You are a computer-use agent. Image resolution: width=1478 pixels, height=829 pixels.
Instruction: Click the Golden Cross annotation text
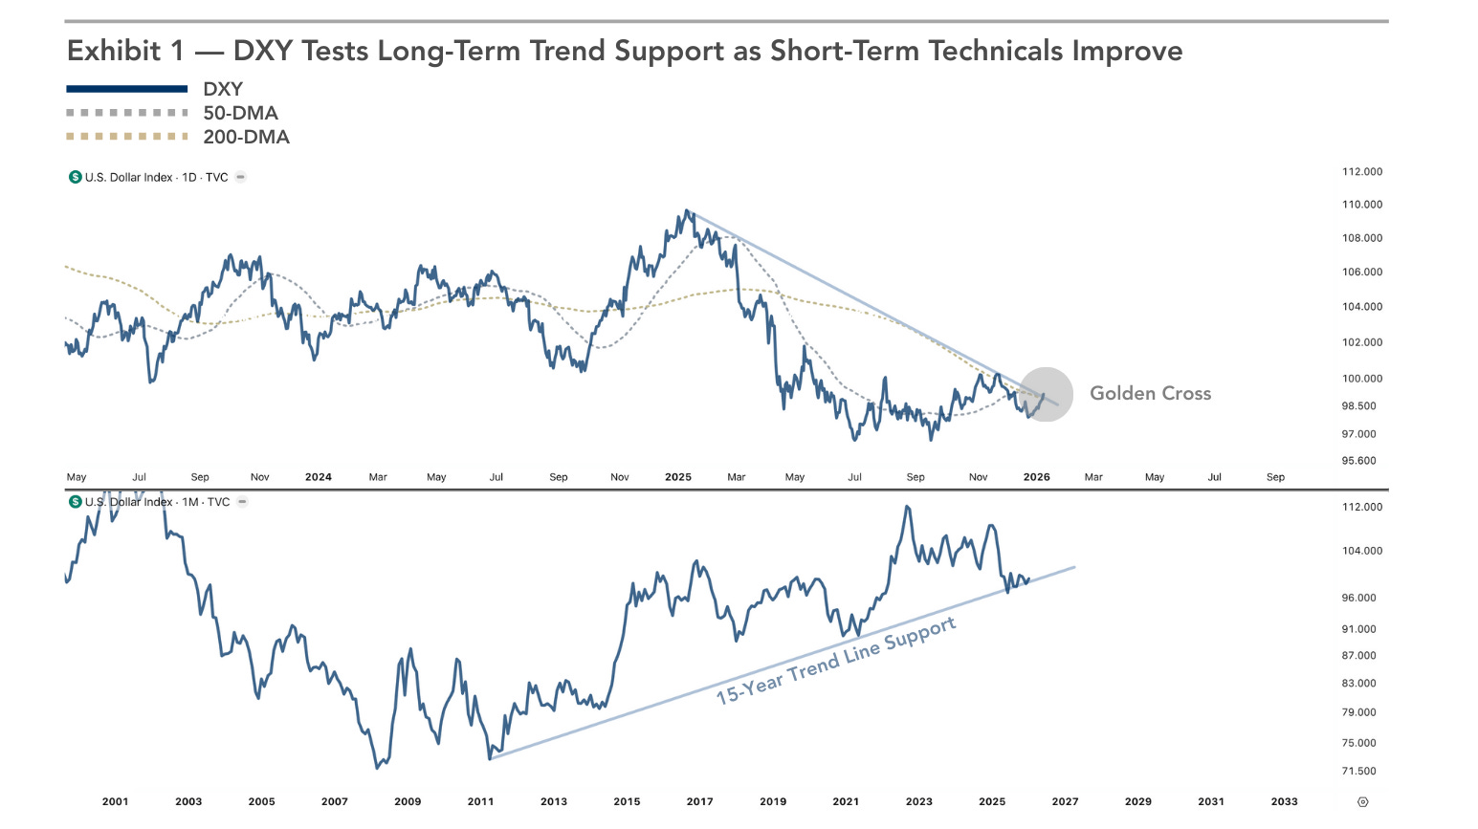[x=1150, y=393]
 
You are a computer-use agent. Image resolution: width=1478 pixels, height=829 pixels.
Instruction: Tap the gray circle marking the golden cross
[x=1047, y=394]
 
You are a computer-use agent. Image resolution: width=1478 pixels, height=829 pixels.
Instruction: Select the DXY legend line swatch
[x=126, y=89]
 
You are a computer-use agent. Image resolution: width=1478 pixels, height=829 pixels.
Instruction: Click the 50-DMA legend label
[x=240, y=113]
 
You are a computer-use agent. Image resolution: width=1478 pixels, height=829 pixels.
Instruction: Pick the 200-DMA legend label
[x=246, y=137]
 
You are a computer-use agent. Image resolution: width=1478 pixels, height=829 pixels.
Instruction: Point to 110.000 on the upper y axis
[x=1361, y=205]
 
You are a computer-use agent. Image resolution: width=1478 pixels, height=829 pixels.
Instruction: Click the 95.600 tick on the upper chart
[x=1358, y=461]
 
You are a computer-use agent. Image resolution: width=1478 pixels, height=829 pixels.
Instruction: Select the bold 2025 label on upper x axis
[x=677, y=477]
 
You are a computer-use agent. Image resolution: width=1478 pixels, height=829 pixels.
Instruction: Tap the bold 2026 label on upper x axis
[x=1036, y=477]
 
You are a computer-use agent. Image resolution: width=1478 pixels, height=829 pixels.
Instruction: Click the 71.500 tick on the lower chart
[x=1358, y=772]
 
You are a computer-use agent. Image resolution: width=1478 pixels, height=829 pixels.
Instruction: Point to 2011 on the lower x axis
[x=480, y=801]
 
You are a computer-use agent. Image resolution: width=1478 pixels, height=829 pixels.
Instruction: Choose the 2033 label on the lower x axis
[x=1284, y=801]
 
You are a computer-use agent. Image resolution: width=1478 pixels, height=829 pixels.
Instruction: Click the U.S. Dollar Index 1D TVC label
[x=156, y=177]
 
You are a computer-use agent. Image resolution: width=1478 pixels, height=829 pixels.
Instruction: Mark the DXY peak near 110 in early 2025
[x=686, y=211]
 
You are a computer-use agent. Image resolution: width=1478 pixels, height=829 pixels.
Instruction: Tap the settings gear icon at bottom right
[x=1362, y=802]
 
